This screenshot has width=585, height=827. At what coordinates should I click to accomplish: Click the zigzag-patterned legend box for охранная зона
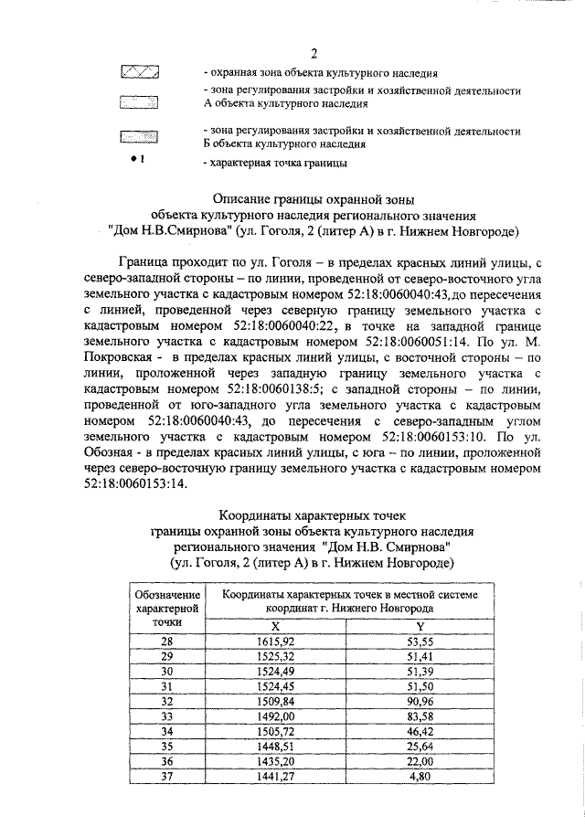139,71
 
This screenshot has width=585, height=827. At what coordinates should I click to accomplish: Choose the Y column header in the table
420,626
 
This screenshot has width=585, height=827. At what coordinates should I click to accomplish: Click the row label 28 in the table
166,641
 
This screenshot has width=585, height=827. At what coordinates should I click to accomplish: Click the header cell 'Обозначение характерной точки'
166,607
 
